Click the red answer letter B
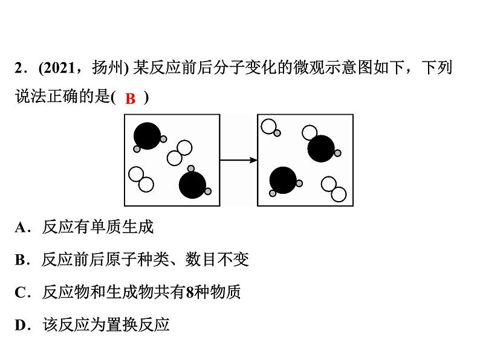pyautogui.click(x=130, y=99)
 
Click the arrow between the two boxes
pyautogui.click(x=238, y=160)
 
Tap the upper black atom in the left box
pyautogui.click(x=147, y=136)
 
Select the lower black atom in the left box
pyautogui.click(x=192, y=185)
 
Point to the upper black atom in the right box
pyautogui.click(x=320, y=149)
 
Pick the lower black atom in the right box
pyautogui.click(x=283, y=180)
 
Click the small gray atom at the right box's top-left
pyautogui.click(x=277, y=133)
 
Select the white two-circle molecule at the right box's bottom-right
pyautogui.click(x=334, y=189)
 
